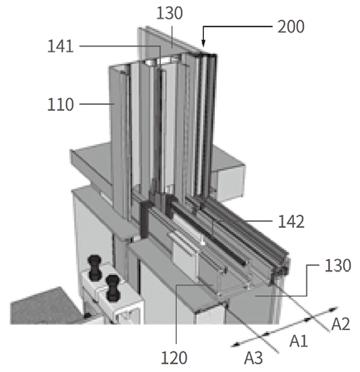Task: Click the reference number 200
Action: (x=291, y=26)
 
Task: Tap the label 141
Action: (x=60, y=46)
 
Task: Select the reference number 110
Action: (x=60, y=105)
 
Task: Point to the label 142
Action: (x=291, y=222)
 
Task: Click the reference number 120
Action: (x=174, y=357)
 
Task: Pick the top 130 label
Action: (x=169, y=13)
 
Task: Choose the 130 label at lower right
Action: (x=338, y=265)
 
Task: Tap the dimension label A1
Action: (x=299, y=341)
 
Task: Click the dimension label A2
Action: (x=341, y=324)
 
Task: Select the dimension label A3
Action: (x=254, y=357)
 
